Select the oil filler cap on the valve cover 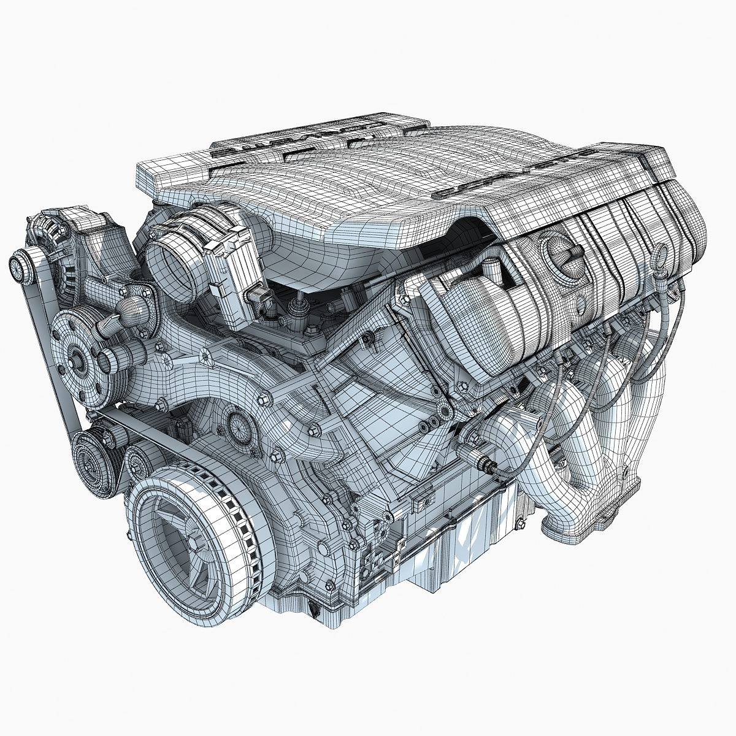563,253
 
